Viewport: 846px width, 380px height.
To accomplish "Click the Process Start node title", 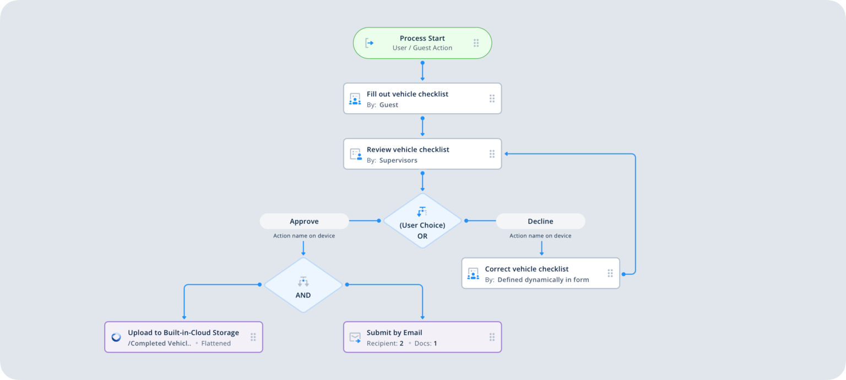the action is (422, 38).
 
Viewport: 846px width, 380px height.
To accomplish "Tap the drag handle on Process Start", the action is (476, 43).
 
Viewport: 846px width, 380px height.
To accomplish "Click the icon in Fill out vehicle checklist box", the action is (355, 99).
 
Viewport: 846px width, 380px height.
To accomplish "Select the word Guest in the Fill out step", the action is (388, 105).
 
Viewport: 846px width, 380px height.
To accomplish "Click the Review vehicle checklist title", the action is (408, 150).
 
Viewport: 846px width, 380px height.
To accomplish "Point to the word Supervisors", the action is (398, 161).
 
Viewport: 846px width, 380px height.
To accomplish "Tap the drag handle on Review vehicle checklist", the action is (492, 154).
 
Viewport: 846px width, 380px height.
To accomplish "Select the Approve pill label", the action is (304, 222).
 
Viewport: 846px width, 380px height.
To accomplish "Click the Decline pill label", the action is (540, 222).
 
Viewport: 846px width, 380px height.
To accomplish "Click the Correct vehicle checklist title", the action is (527, 269).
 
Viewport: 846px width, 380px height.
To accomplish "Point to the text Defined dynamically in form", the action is (543, 280).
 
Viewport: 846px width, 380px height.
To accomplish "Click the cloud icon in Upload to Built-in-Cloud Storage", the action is (116, 337).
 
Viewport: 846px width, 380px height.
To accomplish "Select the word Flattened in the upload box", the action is (216, 344).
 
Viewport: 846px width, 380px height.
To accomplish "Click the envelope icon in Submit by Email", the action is (355, 337).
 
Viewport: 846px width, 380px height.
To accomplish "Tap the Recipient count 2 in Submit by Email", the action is (402, 344).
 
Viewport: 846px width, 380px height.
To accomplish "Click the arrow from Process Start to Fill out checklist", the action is (422, 71).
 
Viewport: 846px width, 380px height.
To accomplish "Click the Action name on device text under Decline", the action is (540, 236).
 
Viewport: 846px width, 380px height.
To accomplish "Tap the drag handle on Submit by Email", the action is (492, 337).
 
